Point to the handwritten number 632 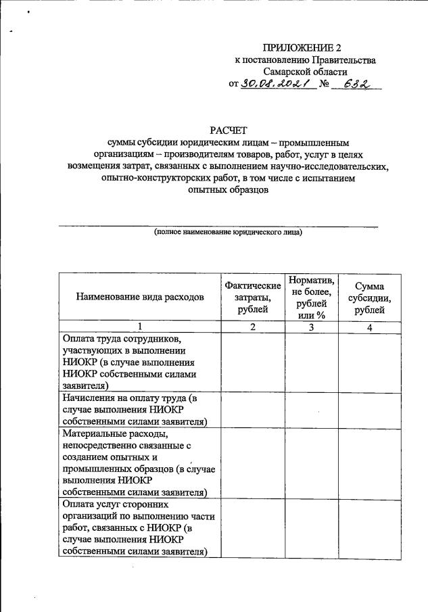pyautogui.click(x=357, y=85)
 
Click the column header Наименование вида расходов pyautogui.click(x=140, y=297)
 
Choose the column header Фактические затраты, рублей pyautogui.click(x=252, y=297)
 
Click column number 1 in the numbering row pyautogui.click(x=140, y=327)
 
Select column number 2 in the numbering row pyautogui.click(x=252, y=327)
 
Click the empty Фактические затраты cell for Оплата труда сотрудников pyautogui.click(x=252, y=362)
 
